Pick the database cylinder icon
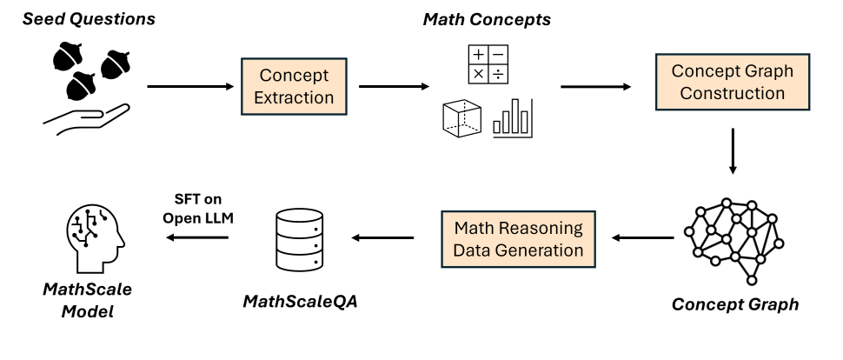tap(300, 236)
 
